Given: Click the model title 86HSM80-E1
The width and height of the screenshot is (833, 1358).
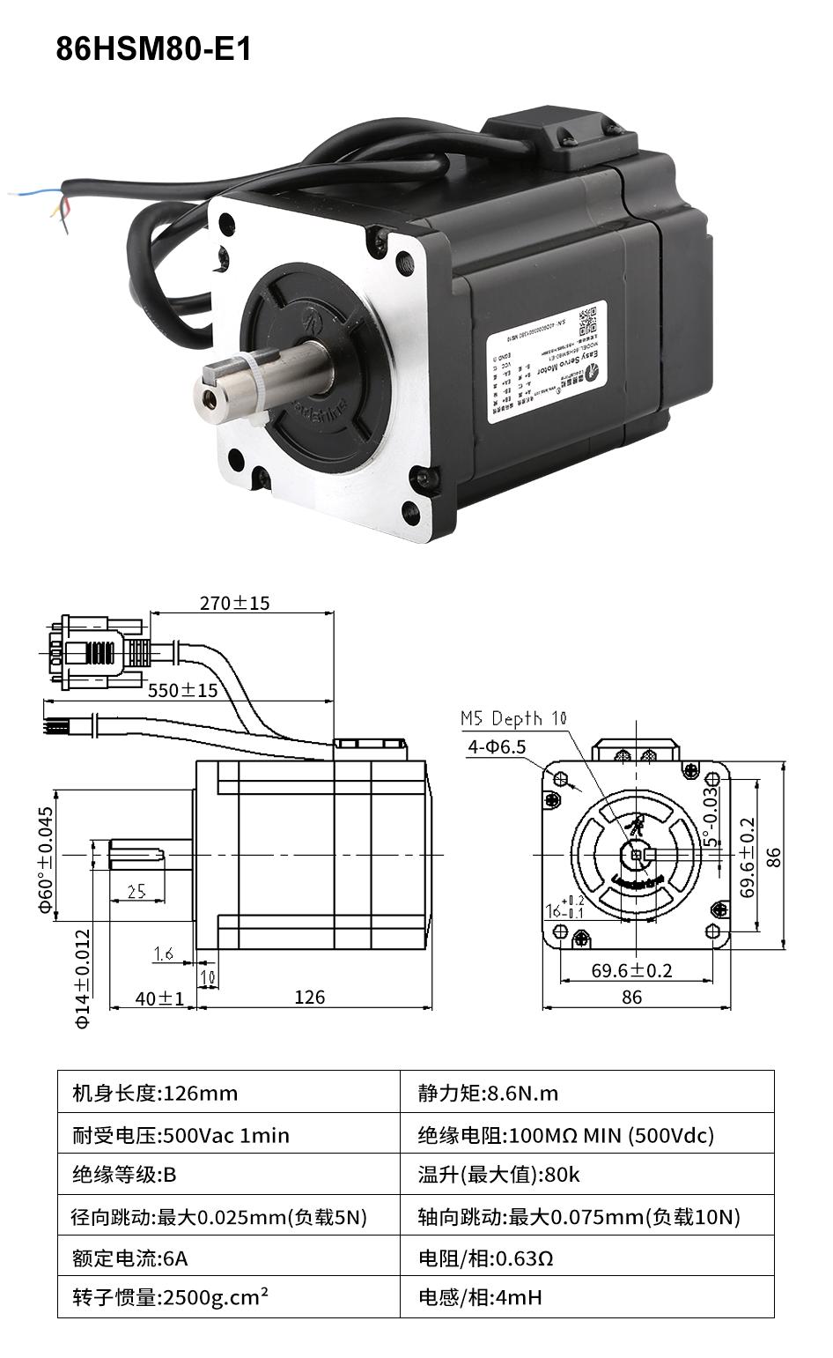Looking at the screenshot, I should (x=154, y=49).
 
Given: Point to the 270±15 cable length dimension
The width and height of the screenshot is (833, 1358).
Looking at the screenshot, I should (x=234, y=603).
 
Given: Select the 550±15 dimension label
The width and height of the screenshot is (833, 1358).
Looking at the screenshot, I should (x=182, y=690).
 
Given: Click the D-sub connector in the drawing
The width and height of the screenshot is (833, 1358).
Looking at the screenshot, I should (x=92, y=653).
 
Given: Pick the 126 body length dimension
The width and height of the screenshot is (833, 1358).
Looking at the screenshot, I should (x=309, y=997).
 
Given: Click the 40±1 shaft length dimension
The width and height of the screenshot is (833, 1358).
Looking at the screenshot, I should (x=158, y=998).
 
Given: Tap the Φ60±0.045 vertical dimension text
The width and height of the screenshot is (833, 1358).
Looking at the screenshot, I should (x=47, y=859).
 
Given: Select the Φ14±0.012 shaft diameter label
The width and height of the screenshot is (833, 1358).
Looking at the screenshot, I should (x=83, y=978).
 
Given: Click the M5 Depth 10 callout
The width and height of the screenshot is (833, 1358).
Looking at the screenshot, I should (x=514, y=719).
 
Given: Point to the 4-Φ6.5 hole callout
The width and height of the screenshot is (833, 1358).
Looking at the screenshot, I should (x=497, y=747).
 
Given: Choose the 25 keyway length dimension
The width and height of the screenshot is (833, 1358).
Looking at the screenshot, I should (x=136, y=891).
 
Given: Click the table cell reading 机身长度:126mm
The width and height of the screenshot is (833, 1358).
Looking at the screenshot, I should (x=155, y=1094).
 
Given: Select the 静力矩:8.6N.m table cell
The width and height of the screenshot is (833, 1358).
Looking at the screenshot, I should (x=488, y=1094).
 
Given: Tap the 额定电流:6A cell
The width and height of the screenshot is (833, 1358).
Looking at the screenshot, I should (x=129, y=1258).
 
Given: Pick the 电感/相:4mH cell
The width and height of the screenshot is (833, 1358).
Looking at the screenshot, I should (x=480, y=1297).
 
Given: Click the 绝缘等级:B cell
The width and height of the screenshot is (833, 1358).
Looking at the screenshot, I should (x=124, y=1175).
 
